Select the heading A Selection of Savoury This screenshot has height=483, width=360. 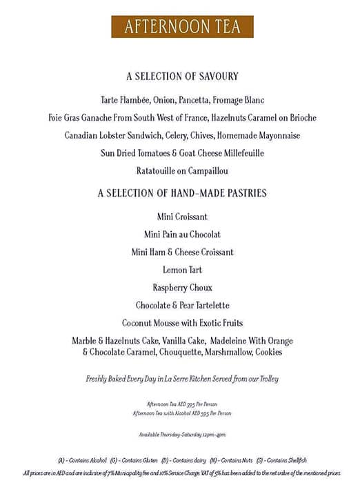[182, 77]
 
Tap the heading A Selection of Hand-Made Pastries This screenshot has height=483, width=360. [182, 193]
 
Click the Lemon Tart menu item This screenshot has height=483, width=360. [182, 270]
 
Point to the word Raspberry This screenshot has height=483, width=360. [168, 287]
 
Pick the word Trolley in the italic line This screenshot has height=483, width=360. [266, 378]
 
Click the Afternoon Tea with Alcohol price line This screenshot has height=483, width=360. [182, 413]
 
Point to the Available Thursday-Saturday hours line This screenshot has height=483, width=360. [182, 434]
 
